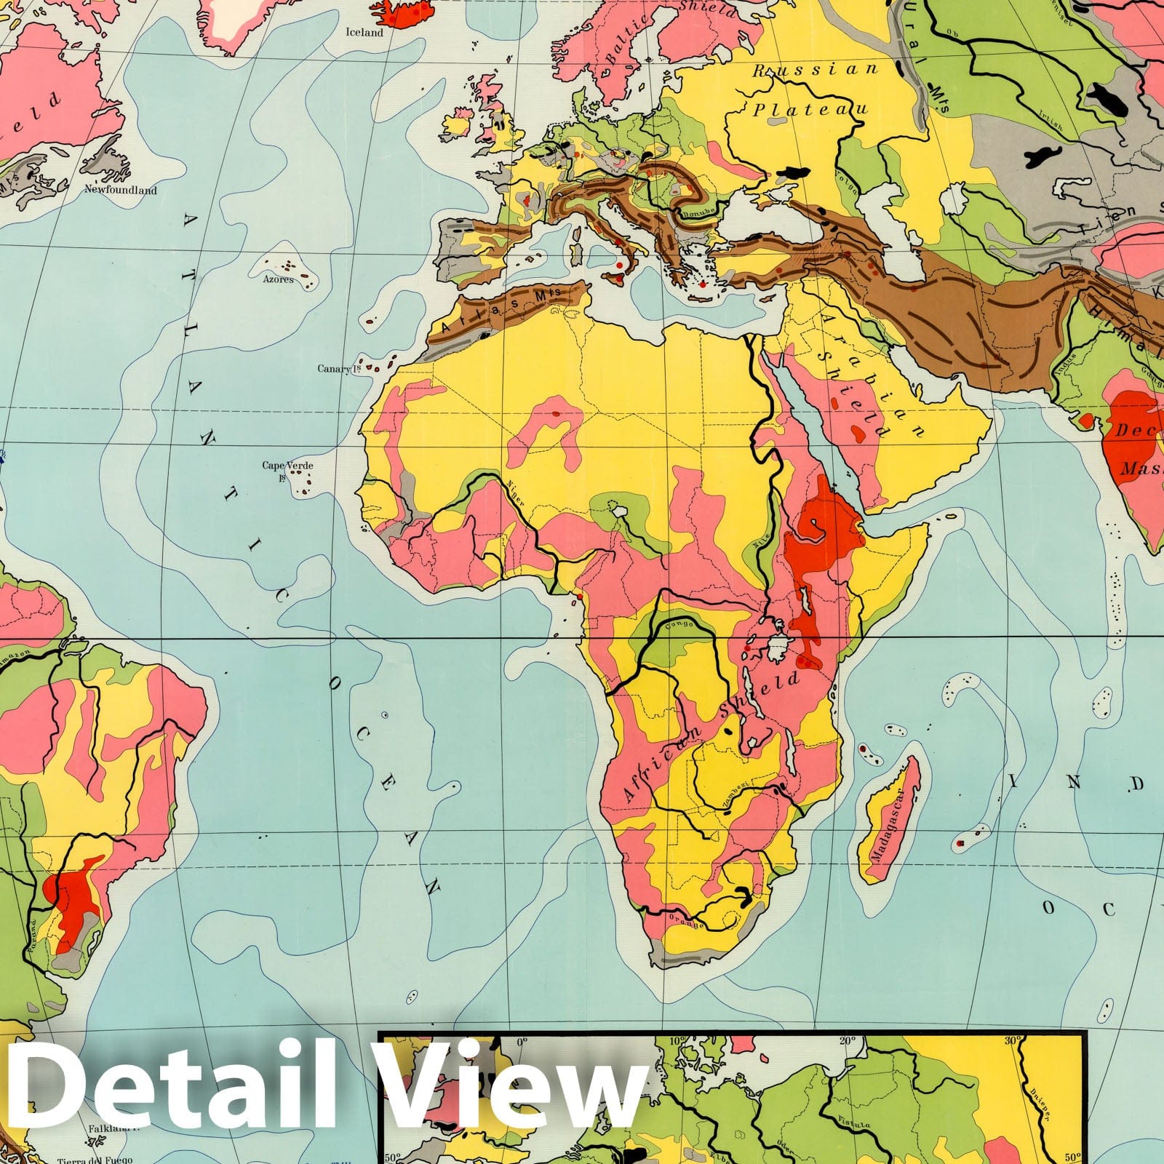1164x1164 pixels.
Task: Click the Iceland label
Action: (x=364, y=33)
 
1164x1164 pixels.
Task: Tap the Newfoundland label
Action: (x=121, y=190)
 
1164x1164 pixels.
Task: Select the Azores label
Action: (x=279, y=279)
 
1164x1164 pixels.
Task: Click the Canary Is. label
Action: (x=340, y=369)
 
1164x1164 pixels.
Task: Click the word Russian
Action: (x=816, y=70)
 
